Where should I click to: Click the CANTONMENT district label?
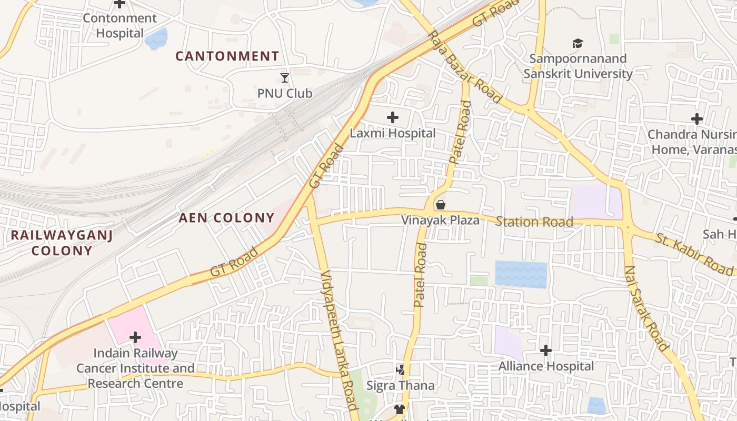[227, 56]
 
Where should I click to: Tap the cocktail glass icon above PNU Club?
[285, 78]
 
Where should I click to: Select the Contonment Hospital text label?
[120, 26]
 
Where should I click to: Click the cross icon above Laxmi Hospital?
[393, 117]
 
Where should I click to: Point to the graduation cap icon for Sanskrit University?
[578, 43]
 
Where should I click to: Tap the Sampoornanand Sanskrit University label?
[578, 66]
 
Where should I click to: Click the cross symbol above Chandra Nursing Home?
[697, 119]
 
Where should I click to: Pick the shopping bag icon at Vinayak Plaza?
[441, 205]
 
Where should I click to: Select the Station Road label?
[534, 222]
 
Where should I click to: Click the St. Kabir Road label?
[694, 254]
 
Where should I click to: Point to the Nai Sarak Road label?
[646, 308]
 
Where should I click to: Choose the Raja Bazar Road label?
[465, 66]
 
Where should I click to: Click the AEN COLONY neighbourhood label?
[227, 218]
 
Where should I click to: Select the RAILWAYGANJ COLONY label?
[62, 243]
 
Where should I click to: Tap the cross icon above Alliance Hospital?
[546, 350]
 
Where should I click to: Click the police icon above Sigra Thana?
[401, 370]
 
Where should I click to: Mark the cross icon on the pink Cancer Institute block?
[135, 337]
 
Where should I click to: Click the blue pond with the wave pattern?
[521, 274]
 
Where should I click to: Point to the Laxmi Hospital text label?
[393, 134]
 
